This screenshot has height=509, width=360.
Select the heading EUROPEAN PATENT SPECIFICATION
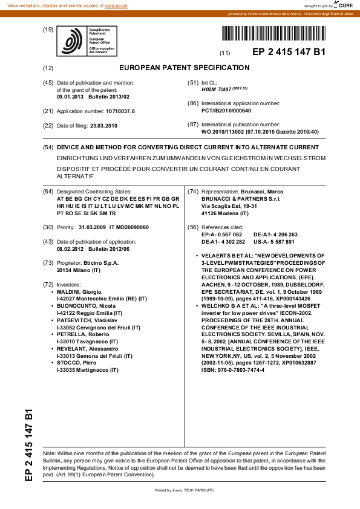click(185, 68)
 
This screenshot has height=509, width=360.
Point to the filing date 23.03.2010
click(103, 126)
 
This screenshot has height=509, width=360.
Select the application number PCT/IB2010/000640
click(226, 111)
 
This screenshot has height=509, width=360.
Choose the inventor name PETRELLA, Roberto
click(85, 334)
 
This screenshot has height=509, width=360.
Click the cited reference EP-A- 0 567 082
click(221, 234)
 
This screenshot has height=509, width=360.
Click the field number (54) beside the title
click(48, 148)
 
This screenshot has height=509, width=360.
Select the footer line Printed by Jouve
click(185, 489)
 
